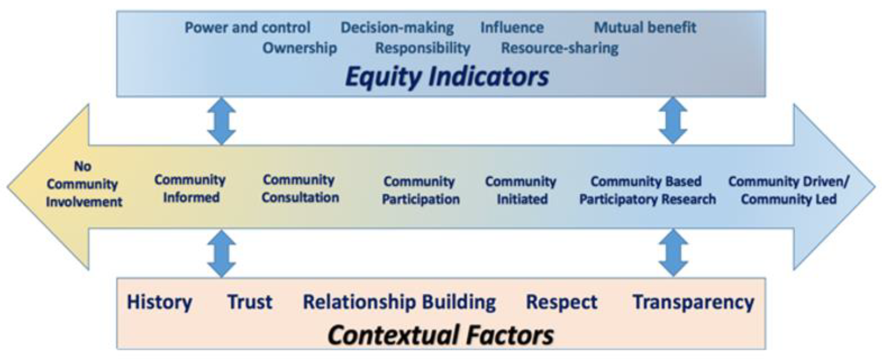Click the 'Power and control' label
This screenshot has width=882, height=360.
(248, 27)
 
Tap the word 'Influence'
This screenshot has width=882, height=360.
(512, 27)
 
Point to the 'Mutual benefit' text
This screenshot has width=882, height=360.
(645, 27)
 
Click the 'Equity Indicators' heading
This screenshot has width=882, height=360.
(447, 77)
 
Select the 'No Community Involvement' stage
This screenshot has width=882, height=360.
(84, 184)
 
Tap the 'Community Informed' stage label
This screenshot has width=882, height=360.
(190, 189)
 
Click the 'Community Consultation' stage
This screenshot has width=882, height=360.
(300, 189)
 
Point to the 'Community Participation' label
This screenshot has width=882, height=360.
(421, 190)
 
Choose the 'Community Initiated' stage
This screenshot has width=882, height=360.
(521, 190)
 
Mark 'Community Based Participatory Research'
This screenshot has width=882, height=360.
(647, 190)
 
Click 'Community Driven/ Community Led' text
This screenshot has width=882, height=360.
(788, 190)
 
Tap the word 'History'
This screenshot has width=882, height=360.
(160, 303)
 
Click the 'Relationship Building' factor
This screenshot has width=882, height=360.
(399, 303)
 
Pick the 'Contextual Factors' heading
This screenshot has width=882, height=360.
(441, 335)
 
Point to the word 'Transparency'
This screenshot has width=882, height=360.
(693, 303)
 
